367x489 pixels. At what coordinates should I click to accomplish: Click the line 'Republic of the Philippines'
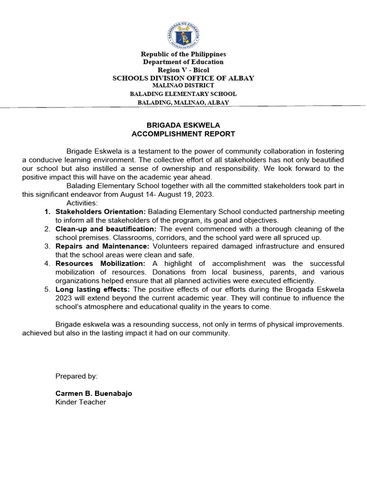tap(183, 54)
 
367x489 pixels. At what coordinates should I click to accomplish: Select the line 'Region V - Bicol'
tap(183, 70)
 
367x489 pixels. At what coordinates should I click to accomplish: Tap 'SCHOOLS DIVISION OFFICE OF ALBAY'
tap(183, 78)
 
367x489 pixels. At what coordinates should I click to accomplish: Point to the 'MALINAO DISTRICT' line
tap(183, 85)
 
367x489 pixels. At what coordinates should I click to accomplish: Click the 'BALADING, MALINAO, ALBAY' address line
tap(183, 102)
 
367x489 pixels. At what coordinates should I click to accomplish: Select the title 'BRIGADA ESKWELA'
tap(183, 126)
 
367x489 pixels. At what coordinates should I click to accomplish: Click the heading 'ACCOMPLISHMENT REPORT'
tap(183, 134)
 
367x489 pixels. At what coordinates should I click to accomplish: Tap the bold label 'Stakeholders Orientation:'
tap(100, 212)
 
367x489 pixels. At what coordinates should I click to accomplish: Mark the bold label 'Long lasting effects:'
tap(93, 289)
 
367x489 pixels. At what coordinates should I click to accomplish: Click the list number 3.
tap(47, 246)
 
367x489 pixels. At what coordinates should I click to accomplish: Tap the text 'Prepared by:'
tap(76, 376)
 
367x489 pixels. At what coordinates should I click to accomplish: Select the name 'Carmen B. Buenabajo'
tap(94, 393)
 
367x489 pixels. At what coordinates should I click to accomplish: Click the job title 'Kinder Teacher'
tap(81, 402)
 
